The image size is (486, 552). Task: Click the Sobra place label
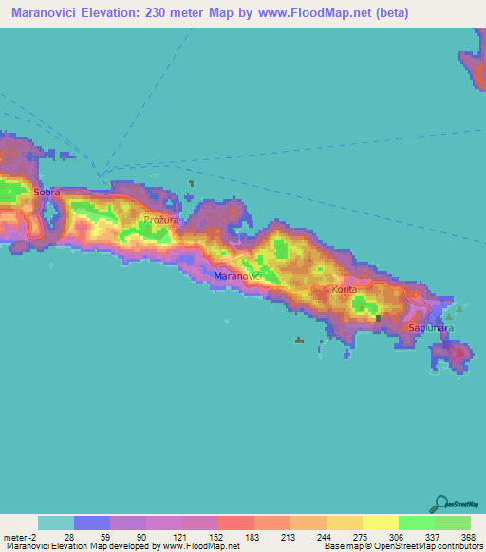pyautogui.click(x=47, y=192)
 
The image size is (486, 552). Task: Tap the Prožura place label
pyautogui.click(x=160, y=219)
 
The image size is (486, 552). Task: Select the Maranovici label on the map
pyautogui.click(x=238, y=275)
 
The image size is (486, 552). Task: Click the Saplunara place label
pyautogui.click(x=431, y=328)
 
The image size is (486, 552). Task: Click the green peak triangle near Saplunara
pyautogui.click(x=459, y=309)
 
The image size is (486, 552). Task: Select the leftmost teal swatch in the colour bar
pyautogui.click(x=55, y=523)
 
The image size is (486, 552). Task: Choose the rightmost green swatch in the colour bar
pyautogui.click(x=452, y=523)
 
